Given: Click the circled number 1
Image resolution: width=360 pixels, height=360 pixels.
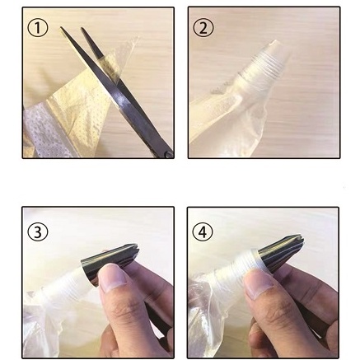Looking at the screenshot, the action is click(38, 28).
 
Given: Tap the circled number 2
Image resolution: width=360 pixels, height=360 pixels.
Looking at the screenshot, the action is click(203, 28).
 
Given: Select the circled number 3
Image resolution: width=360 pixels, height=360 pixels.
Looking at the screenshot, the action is click(38, 231).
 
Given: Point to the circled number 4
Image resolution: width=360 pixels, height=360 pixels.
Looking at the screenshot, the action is click(203, 231).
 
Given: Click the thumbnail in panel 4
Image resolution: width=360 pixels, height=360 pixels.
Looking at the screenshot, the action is click(258, 285).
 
